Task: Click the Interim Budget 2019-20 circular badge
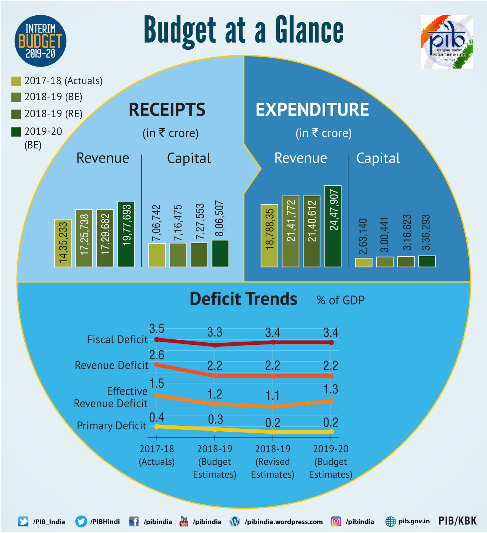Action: coord(40,41)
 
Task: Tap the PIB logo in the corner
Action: coord(446,42)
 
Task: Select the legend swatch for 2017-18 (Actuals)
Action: coord(16,81)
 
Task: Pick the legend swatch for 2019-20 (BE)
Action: coord(16,132)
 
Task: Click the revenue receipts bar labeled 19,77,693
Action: coord(126,234)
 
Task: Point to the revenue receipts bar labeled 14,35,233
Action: coord(63,243)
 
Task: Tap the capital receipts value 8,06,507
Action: coord(219,218)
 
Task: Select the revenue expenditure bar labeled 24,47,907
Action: coord(333,226)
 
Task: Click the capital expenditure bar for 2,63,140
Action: coord(363,262)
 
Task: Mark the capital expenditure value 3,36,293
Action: coord(426,232)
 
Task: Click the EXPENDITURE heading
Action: coord(312,110)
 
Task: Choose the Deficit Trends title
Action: coord(243,299)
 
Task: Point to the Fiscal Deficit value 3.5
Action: coord(156,329)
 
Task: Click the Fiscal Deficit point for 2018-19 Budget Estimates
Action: coord(215,345)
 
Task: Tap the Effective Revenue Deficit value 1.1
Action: coord(273,395)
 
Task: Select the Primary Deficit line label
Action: coord(111,426)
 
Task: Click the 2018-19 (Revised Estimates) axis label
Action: coord(273,461)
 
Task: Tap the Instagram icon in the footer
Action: coord(336,521)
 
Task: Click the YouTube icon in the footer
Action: coord(184,521)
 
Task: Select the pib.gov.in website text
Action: coord(414,521)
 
